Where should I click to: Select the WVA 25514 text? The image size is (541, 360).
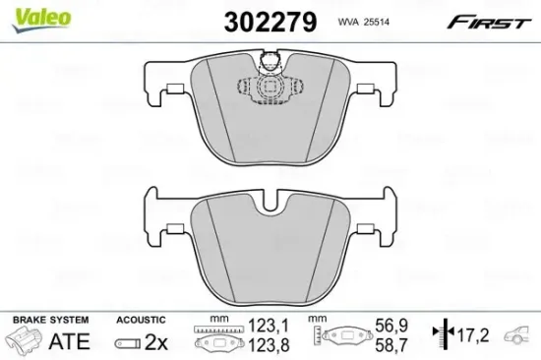click(x=360, y=20)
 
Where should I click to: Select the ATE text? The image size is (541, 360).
click(x=68, y=341)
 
